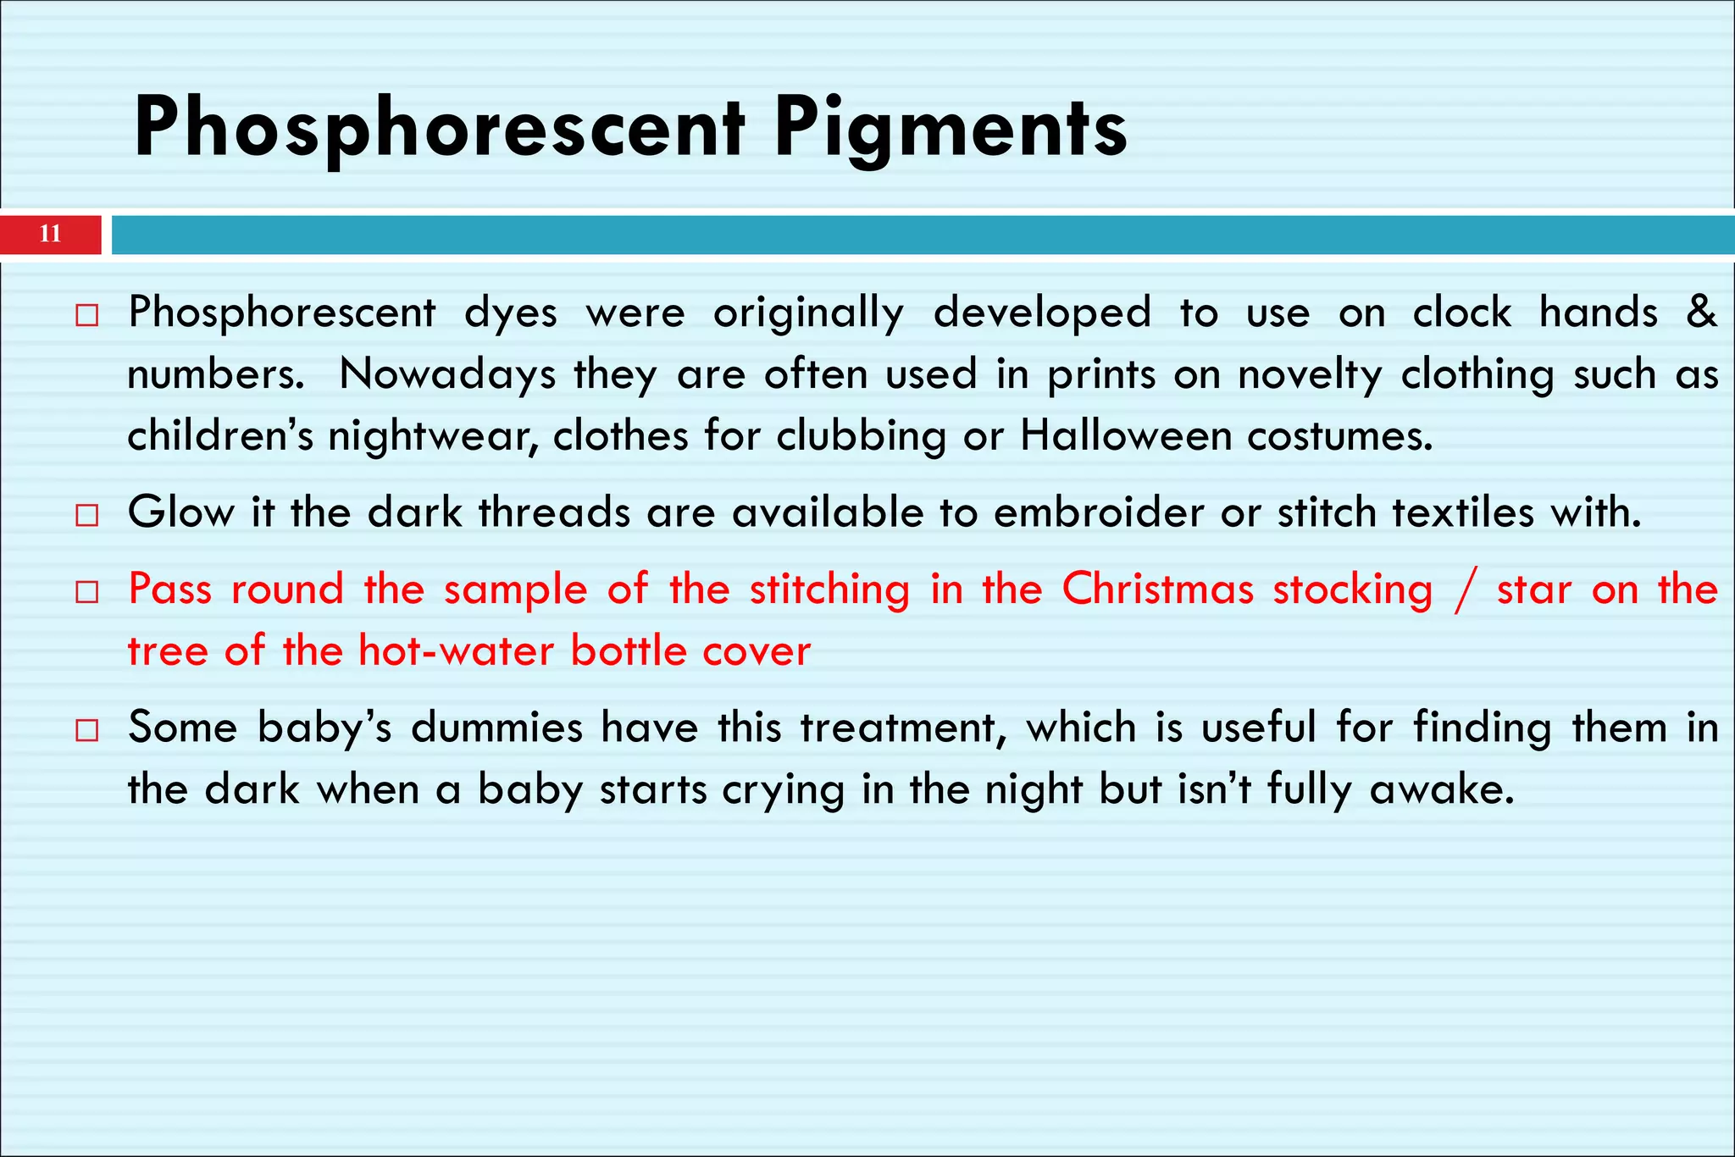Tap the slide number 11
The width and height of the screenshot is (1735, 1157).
[x=50, y=235]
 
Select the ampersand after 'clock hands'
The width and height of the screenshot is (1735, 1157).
[x=1700, y=311]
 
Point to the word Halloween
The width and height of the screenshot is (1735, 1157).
[x=1126, y=436]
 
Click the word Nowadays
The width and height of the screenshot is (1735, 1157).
[x=447, y=374]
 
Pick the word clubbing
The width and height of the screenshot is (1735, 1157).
[x=861, y=437]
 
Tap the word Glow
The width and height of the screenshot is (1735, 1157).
[x=180, y=512]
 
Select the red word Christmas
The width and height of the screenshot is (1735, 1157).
[x=1157, y=589]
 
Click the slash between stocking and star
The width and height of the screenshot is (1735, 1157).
[x=1464, y=590]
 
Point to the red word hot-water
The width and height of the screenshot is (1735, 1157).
[x=456, y=650]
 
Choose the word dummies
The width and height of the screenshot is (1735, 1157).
[x=497, y=728]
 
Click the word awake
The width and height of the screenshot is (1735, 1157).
[x=1441, y=789]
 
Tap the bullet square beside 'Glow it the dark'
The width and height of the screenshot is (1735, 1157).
[x=86, y=515]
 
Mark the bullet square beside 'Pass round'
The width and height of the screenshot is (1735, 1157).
[x=86, y=591]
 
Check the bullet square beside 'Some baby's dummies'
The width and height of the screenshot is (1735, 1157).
[x=86, y=730]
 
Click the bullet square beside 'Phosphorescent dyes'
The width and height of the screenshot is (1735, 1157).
[x=86, y=316]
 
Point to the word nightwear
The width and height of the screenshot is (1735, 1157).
[x=433, y=437]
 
